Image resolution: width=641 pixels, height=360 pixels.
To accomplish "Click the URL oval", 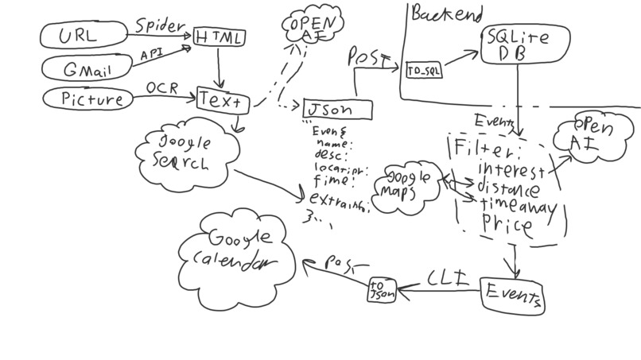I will click(84, 35).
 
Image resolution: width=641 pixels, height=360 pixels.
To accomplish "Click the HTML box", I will click(219, 37).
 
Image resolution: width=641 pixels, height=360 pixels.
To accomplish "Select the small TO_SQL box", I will click(424, 71).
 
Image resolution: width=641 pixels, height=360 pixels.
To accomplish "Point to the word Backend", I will click(446, 14).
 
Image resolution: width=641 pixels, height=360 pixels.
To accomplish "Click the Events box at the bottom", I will click(514, 296).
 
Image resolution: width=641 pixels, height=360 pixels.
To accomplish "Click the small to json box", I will click(382, 291).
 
